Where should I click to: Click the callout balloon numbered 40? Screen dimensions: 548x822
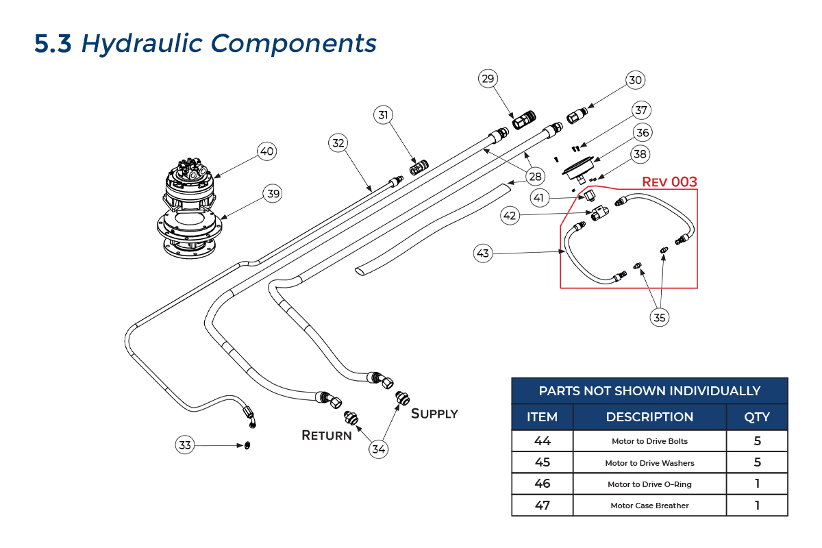pos(267,151)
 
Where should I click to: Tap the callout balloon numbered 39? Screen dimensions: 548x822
pos(273,194)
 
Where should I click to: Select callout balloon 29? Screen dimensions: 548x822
pos(488,79)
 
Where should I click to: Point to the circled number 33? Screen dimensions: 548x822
pos(185,445)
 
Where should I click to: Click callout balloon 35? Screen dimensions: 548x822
pos(660,317)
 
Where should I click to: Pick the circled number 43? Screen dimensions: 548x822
pos(484,253)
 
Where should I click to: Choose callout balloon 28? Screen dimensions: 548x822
pos(534,177)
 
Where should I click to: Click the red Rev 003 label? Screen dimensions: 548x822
pos(669,182)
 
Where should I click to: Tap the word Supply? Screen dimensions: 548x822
pos(434,413)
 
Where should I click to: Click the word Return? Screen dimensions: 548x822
pos(327,435)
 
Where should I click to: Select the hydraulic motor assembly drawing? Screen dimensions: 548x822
pos(190,206)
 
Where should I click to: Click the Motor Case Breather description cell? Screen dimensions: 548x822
pos(649,506)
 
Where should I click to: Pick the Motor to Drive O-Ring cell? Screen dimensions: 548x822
pos(649,484)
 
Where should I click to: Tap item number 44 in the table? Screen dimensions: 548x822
pos(542,441)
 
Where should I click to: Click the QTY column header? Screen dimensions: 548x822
pos(757,416)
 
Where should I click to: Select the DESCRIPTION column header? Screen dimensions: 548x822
pos(649,416)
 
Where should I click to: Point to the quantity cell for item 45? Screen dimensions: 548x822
pos(757,462)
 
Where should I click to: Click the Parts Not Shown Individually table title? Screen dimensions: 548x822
pos(649,390)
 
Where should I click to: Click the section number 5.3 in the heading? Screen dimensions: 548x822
pos(53,43)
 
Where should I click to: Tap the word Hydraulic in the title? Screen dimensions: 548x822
pos(142,43)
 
